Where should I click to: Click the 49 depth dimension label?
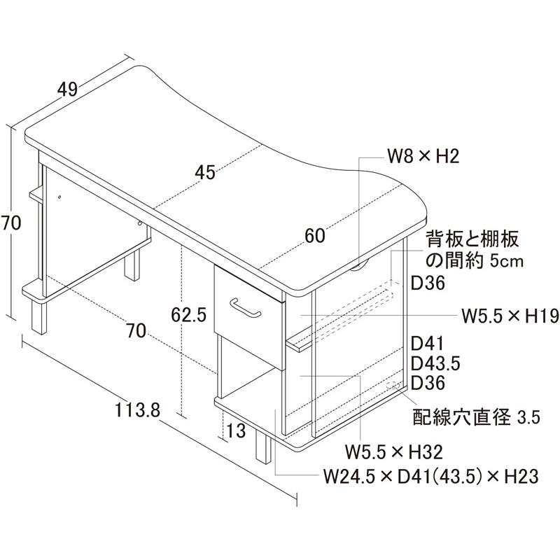point(67,89)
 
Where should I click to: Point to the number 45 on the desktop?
point(204,172)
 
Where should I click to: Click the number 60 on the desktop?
point(315,236)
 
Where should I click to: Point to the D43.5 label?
point(435,364)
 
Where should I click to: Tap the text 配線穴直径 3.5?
point(475,418)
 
